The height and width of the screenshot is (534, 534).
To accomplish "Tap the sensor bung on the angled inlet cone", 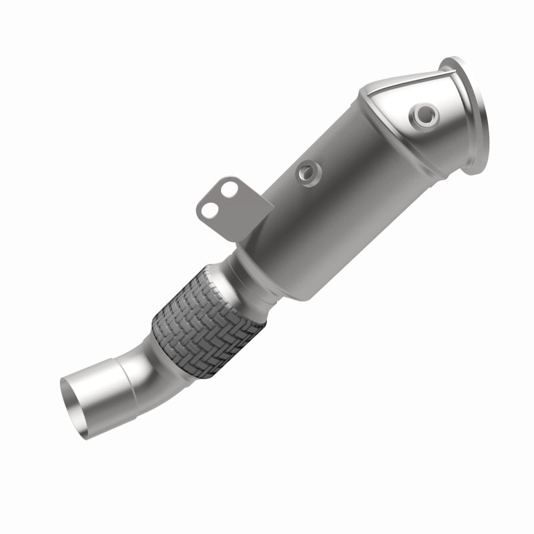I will tap(422, 116).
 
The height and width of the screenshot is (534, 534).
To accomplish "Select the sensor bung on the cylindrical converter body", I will tap(308, 172).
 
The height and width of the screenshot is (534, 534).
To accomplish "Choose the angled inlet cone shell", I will tap(407, 133).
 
